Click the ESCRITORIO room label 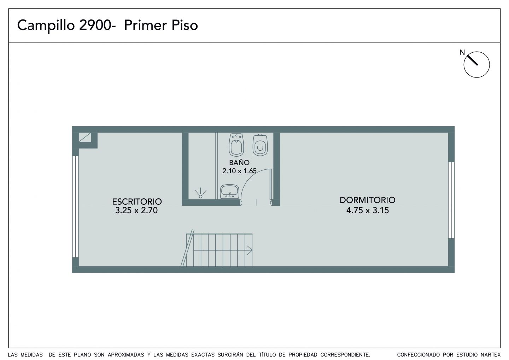pos(137,202)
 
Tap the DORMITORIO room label pos(368,200)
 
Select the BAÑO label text pos(239,162)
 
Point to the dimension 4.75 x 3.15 pos(368,210)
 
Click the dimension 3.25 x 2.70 pos(136,210)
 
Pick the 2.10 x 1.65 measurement pos(239,171)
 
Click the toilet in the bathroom pos(260,145)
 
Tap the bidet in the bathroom pos(236,145)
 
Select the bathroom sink pos(229,192)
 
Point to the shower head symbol pos(200,193)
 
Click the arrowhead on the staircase pos(250,250)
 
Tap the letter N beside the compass pos(462,52)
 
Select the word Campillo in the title pos(46,25)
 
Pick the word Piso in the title pos(185,25)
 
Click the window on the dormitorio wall pos(451,200)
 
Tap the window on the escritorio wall pos(75,207)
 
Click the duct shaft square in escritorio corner pos(85,137)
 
